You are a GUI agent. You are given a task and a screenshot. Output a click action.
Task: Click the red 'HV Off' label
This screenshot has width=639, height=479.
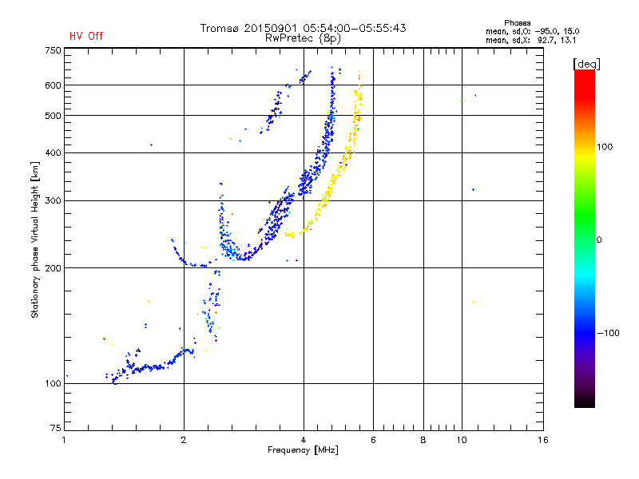(x=86, y=36)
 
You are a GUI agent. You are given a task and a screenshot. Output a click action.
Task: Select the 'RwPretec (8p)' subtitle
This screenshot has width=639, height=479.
(x=303, y=38)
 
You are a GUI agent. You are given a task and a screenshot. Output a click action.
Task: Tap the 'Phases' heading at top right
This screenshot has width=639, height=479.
(x=517, y=23)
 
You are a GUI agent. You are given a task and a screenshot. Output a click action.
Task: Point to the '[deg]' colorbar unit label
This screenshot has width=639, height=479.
(x=586, y=64)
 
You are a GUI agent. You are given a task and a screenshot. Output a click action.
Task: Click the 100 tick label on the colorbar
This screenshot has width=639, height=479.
(x=605, y=147)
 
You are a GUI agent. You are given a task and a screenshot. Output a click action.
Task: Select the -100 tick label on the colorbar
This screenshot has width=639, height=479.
(x=608, y=333)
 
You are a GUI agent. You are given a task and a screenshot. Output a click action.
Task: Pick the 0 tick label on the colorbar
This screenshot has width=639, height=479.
(x=599, y=240)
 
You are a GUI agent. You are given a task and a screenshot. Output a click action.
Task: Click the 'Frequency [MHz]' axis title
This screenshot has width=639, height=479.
(x=303, y=450)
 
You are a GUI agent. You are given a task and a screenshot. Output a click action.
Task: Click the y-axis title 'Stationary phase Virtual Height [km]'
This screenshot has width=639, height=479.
(x=34, y=239)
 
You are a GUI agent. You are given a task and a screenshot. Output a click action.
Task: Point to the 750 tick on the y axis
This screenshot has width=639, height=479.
(x=53, y=50)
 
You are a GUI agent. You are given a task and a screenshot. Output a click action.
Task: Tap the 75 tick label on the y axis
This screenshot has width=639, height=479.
(x=55, y=428)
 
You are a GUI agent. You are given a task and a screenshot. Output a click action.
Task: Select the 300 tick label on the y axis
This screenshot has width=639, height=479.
(x=53, y=201)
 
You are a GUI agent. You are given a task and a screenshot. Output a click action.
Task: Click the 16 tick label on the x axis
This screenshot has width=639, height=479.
(x=543, y=440)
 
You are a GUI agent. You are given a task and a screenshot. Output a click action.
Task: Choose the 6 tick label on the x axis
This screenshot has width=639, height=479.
(x=373, y=440)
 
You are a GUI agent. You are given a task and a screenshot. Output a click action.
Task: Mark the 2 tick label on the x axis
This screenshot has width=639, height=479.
(x=184, y=440)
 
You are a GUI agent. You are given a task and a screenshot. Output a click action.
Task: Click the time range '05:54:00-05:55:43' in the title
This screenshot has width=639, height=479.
(x=355, y=28)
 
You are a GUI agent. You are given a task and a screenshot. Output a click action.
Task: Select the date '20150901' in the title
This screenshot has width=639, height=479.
(x=271, y=28)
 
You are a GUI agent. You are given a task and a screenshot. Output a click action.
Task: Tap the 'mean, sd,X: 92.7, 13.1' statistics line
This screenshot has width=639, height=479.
(x=530, y=41)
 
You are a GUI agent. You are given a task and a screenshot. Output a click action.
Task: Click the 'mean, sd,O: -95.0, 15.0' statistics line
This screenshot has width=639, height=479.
(x=532, y=31)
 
